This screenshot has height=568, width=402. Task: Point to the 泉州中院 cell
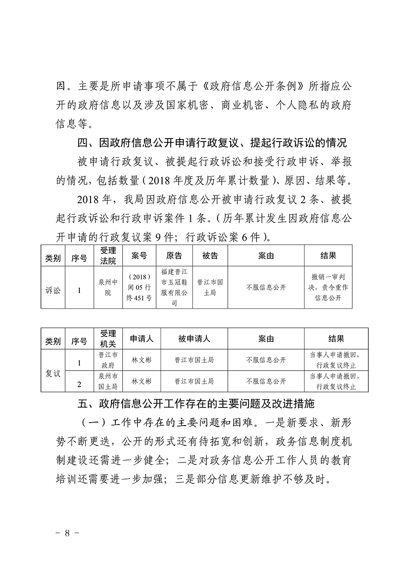click(108, 287)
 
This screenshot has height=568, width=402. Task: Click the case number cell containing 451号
click(139, 287)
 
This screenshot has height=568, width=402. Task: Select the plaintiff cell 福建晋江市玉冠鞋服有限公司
click(174, 287)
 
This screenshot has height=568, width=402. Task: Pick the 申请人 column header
click(142, 338)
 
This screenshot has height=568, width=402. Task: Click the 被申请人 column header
click(194, 338)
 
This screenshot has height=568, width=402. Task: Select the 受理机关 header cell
click(108, 338)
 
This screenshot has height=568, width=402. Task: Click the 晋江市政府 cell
click(108, 360)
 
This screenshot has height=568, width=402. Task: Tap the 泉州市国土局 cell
click(108, 382)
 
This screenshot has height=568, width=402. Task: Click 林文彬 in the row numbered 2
click(142, 382)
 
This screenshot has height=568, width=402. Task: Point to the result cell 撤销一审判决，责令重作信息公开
click(329, 287)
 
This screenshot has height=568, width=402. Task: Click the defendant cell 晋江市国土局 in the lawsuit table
click(210, 287)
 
